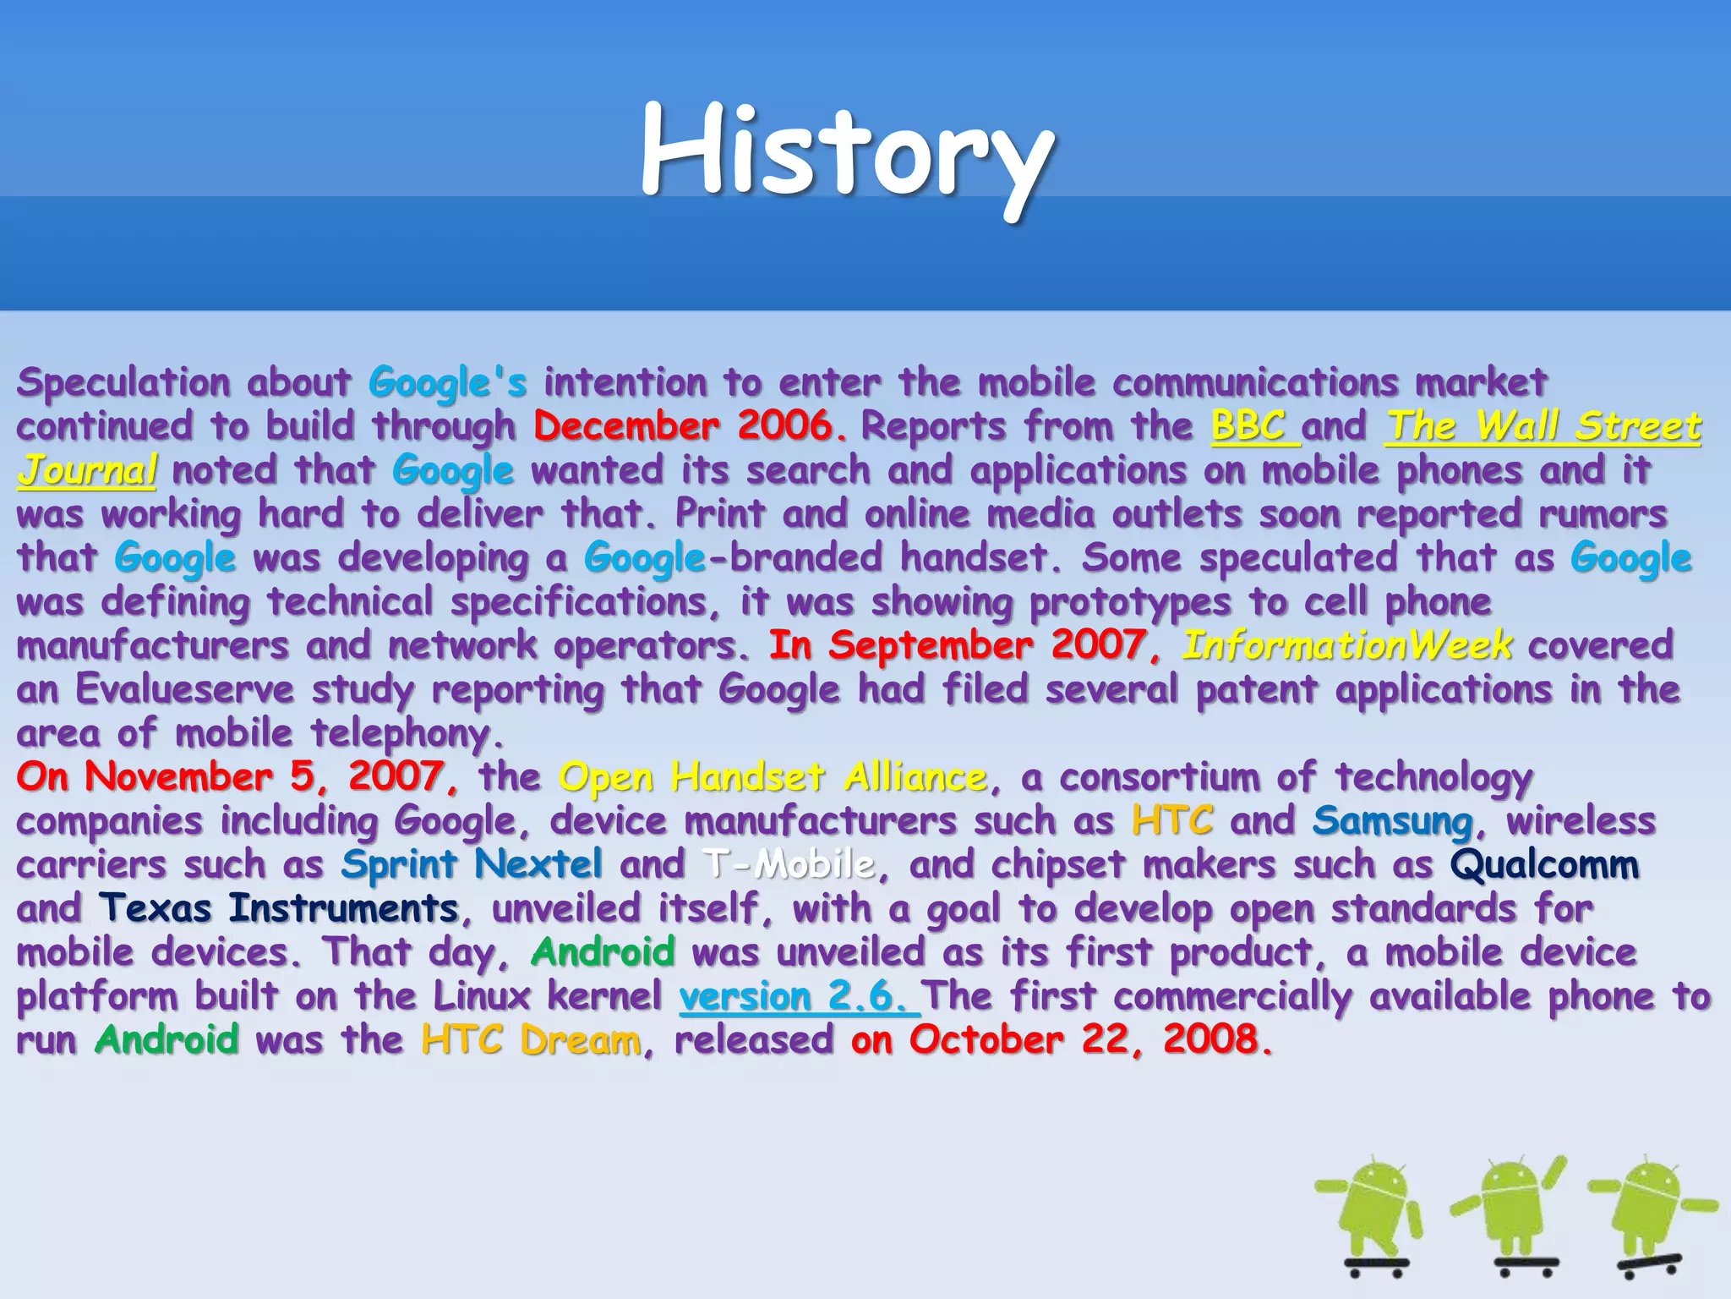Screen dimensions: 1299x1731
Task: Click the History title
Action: pyautogui.click(x=847, y=152)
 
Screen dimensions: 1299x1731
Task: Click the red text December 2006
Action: pyautogui.click(x=689, y=425)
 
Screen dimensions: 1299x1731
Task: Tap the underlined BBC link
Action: pyautogui.click(x=1248, y=425)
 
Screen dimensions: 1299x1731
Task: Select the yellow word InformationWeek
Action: pyautogui.click(x=1346, y=645)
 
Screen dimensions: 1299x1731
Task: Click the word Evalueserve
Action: pyautogui.click(x=184, y=688)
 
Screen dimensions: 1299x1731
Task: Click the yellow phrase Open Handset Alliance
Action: pyautogui.click(x=773, y=776)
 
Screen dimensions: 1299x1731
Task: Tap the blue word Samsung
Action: pyautogui.click(x=1392, y=820)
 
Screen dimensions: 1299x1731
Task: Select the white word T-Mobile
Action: pyautogui.click(x=789, y=864)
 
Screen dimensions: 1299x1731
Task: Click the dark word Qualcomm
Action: pyautogui.click(x=1544, y=864)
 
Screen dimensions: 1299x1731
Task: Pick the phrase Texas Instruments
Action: pyautogui.click(x=279, y=908)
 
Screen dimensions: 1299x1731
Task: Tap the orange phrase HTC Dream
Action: pyautogui.click(x=531, y=1040)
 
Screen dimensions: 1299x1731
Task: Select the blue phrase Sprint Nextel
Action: pyautogui.click(x=472, y=864)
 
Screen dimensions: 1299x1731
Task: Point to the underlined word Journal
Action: pyautogui.click(x=87, y=470)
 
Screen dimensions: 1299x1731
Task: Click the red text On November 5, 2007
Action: pyautogui.click(x=237, y=776)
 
